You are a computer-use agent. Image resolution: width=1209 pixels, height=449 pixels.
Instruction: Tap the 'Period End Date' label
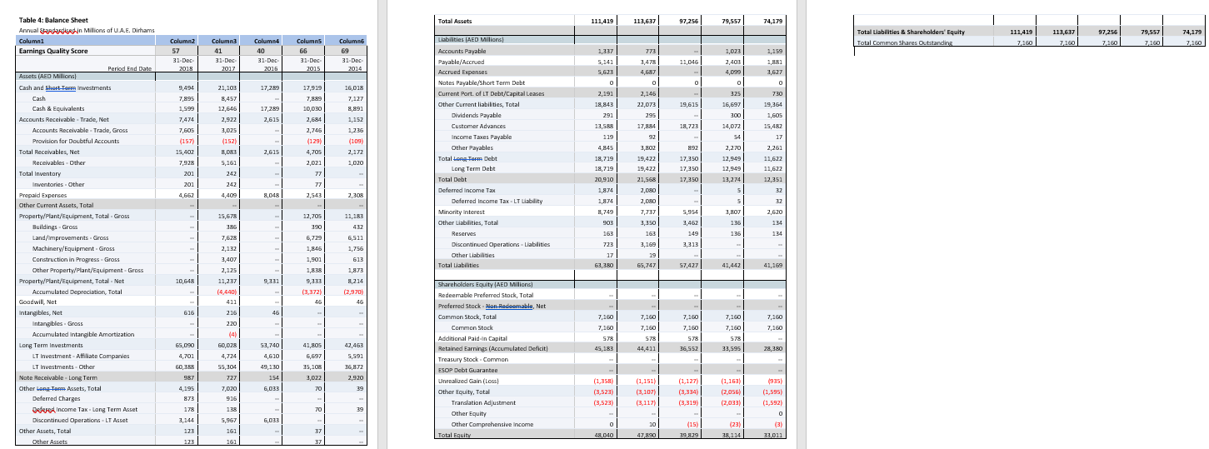pyautogui.click(x=129, y=68)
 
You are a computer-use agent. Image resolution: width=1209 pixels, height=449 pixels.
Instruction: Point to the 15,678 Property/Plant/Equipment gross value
pyautogui.click(x=227, y=216)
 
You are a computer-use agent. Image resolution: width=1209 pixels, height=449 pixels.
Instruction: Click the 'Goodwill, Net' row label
pyautogui.click(x=38, y=302)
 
